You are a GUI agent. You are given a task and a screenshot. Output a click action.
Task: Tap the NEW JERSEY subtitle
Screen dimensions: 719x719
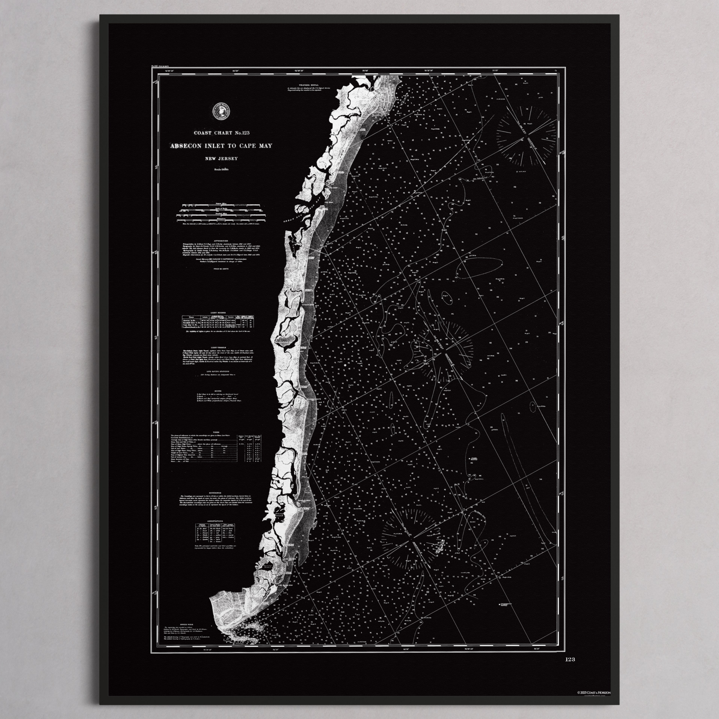pyautogui.click(x=221, y=159)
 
